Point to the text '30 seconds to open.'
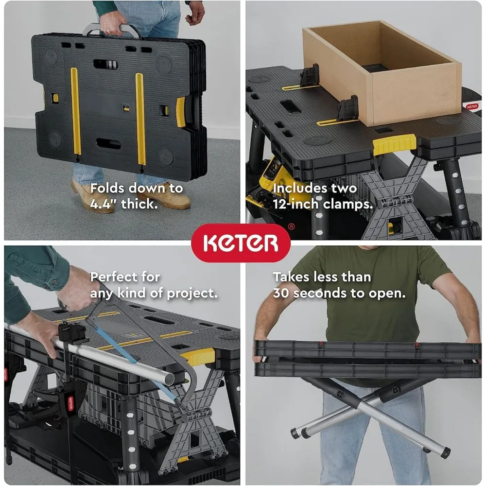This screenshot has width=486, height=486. [339, 294]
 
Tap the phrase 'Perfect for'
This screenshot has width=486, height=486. [125, 277]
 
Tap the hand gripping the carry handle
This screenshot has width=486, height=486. [113, 22]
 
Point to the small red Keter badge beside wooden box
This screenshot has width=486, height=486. [471, 105]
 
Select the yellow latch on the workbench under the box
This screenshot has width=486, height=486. [394, 144]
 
